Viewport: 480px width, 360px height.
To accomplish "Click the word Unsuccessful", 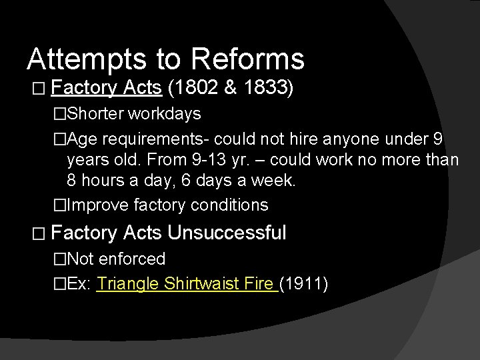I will [227, 233].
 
